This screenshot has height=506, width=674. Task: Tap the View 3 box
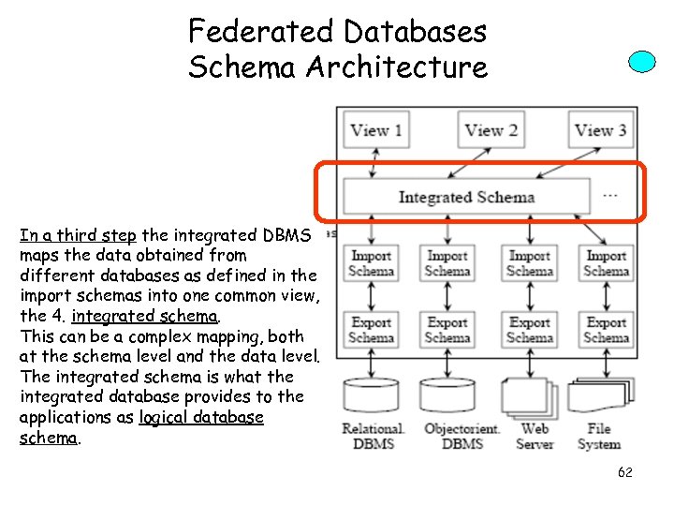point(600,130)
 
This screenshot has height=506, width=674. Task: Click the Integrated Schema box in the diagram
point(466,197)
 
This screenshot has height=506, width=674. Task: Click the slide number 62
point(624,472)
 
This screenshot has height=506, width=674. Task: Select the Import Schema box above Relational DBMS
point(372,263)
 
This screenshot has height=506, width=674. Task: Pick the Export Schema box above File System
point(606,330)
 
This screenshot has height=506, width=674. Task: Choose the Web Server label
point(535,437)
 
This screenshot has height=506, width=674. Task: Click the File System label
point(599,437)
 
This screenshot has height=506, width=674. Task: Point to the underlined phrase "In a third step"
point(78,235)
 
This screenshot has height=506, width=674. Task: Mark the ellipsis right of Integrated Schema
point(610,196)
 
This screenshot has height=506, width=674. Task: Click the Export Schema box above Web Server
point(530,330)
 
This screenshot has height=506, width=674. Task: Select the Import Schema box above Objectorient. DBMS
point(447,263)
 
